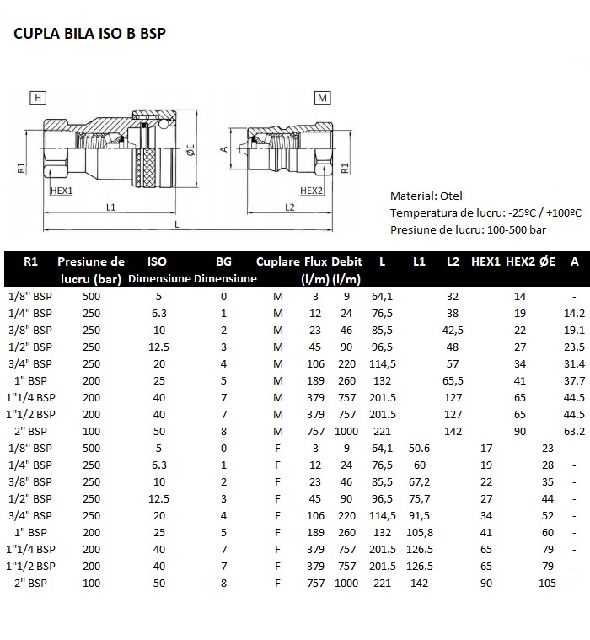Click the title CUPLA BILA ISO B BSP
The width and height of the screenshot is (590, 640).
pyautogui.click(x=90, y=34)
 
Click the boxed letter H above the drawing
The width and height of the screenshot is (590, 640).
pyautogui.click(x=38, y=98)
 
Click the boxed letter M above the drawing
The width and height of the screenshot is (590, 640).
pyautogui.click(x=322, y=98)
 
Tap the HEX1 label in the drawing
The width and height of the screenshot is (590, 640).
pyautogui.click(x=62, y=191)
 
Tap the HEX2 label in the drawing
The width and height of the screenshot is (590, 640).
pyautogui.click(x=311, y=191)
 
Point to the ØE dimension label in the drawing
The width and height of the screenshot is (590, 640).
pyautogui.click(x=191, y=150)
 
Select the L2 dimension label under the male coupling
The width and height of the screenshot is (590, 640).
pyautogui.click(x=290, y=207)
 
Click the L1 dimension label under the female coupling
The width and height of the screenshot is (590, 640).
pyautogui.click(x=111, y=207)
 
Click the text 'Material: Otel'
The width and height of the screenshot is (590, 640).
pyautogui.click(x=426, y=196)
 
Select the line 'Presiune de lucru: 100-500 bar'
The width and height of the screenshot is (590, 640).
pyautogui.click(x=468, y=230)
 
